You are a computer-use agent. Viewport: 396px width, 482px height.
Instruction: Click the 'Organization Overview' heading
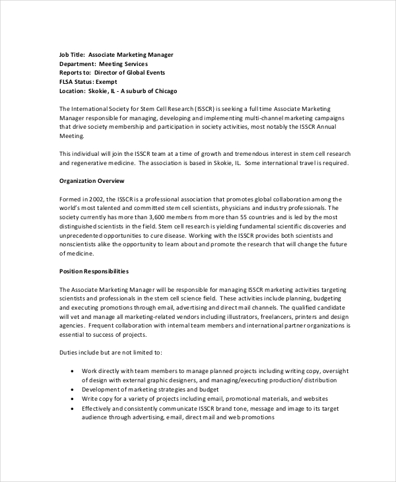pos(92,181)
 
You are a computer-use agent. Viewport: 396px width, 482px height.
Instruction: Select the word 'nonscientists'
pos(81,244)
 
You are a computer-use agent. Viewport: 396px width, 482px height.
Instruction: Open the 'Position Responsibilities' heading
pos(94,271)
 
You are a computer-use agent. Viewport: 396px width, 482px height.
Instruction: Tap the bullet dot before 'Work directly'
pos(71,372)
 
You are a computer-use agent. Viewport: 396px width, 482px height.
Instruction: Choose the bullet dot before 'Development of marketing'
pos(71,390)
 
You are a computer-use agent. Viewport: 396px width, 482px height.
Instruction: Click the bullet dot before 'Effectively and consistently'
pos(71,409)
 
